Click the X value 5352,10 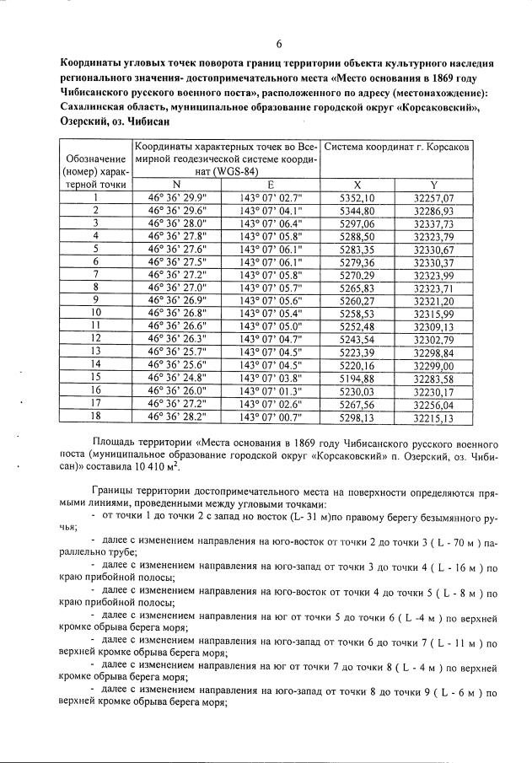(x=357, y=197)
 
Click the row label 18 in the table (x=96, y=416)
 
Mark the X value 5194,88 (x=357, y=378)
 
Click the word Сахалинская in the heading (x=96, y=108)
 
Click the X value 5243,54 (x=357, y=339)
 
